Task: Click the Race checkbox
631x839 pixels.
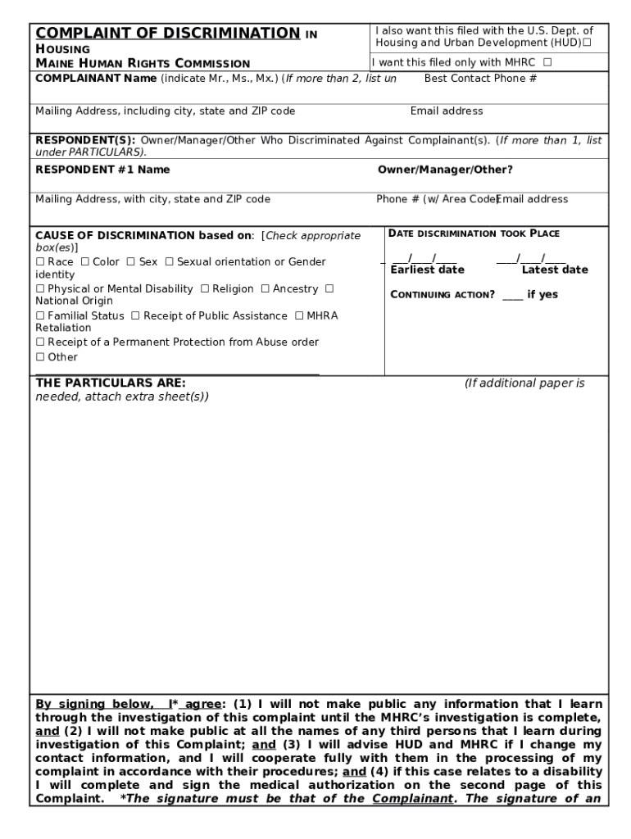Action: [x=39, y=262]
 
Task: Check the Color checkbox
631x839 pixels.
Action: [x=84, y=262]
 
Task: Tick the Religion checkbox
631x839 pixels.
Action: [x=205, y=289]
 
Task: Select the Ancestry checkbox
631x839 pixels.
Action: [x=265, y=289]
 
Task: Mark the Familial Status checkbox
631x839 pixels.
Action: [x=39, y=316]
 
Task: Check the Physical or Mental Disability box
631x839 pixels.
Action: [x=39, y=289]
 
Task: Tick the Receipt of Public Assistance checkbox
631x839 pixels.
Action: [x=135, y=316]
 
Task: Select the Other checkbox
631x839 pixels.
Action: [x=39, y=357]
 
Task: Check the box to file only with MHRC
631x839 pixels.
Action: [x=547, y=62]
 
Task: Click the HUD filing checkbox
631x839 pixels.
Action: [x=587, y=43]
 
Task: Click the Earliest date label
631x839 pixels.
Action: [x=427, y=270]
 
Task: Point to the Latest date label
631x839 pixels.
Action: [x=555, y=270]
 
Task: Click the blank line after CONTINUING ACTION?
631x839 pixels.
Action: [x=512, y=295]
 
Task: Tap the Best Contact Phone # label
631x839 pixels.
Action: [x=480, y=79]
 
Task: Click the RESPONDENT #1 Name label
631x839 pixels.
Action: [x=102, y=170]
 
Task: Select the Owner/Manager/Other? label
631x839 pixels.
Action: [x=445, y=170]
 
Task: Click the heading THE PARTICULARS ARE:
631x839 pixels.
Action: [x=110, y=383]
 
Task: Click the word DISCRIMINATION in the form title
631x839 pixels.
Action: [x=230, y=34]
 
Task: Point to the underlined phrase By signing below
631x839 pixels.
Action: [x=93, y=704]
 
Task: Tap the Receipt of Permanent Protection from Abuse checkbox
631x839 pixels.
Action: [x=39, y=342]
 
